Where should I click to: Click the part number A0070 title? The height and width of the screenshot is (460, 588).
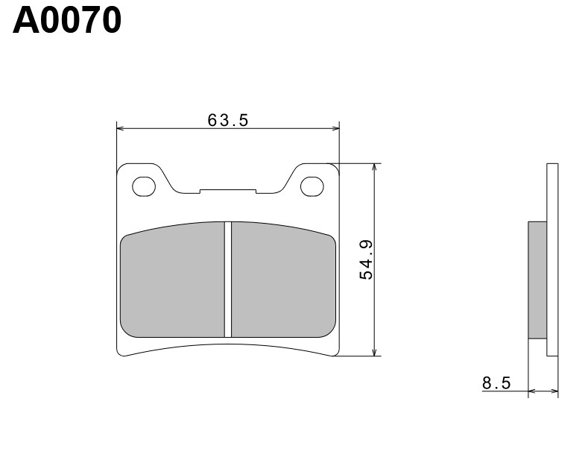(x=67, y=22)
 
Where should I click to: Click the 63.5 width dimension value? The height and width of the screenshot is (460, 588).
(x=228, y=120)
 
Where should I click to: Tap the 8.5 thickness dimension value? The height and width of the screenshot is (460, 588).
(x=496, y=383)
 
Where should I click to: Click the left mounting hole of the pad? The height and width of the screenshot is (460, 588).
(x=144, y=186)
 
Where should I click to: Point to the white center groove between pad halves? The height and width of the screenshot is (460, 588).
(x=228, y=280)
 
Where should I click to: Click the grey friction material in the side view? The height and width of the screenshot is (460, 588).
(x=537, y=280)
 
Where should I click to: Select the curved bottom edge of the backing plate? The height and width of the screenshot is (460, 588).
(x=228, y=347)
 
